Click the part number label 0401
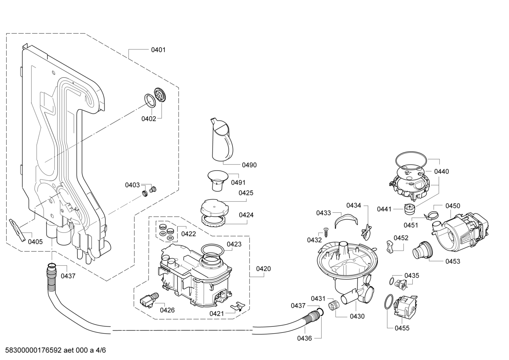(x=158, y=50)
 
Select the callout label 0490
(x=249, y=165)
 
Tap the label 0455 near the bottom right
(x=402, y=328)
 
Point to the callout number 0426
(x=167, y=310)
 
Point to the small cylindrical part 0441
(x=409, y=209)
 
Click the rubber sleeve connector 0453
(x=421, y=250)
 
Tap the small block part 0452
(x=390, y=246)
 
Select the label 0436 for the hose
(x=304, y=338)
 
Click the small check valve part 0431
(x=332, y=305)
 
